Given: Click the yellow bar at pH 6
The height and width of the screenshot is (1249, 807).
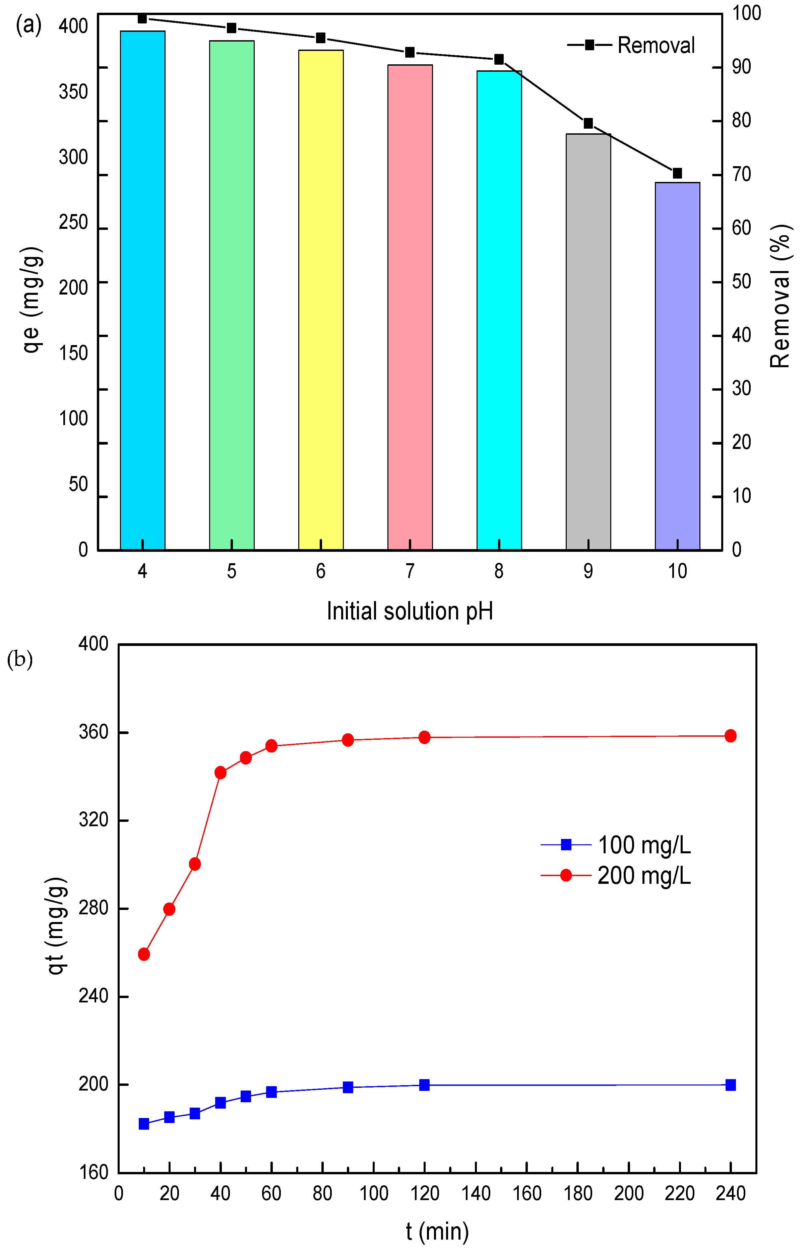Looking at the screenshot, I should [x=321, y=299].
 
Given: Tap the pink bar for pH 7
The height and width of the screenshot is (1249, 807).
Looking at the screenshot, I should [x=410, y=307].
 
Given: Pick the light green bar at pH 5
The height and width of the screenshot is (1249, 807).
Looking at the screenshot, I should [x=232, y=293].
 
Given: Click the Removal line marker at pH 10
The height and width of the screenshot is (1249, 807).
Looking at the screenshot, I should [x=677, y=173].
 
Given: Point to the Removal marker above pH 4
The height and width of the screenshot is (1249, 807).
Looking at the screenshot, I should [x=142, y=18].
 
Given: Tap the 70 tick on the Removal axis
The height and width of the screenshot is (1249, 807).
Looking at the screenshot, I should [x=741, y=175].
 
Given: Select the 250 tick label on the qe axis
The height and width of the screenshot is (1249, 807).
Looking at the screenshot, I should [x=73, y=223].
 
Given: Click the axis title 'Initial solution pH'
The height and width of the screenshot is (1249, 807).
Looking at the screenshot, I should [x=410, y=611].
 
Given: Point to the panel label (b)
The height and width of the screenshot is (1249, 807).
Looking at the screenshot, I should [x=20, y=659].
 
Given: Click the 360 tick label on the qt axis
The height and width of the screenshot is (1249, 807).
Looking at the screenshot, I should [x=93, y=732].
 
